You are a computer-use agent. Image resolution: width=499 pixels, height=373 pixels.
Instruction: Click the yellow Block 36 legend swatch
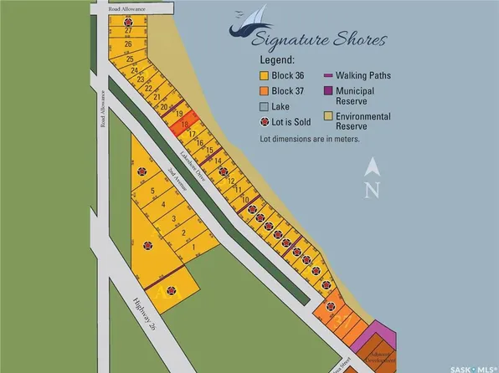264,75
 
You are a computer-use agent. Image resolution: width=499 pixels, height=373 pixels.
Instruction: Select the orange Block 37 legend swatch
264,90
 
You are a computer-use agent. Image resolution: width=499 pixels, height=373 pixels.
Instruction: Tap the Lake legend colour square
264,106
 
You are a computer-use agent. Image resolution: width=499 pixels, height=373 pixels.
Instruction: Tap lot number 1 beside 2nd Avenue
193,248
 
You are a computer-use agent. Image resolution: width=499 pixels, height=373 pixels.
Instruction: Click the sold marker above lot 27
128,22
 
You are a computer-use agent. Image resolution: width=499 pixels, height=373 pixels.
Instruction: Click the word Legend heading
277,61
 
